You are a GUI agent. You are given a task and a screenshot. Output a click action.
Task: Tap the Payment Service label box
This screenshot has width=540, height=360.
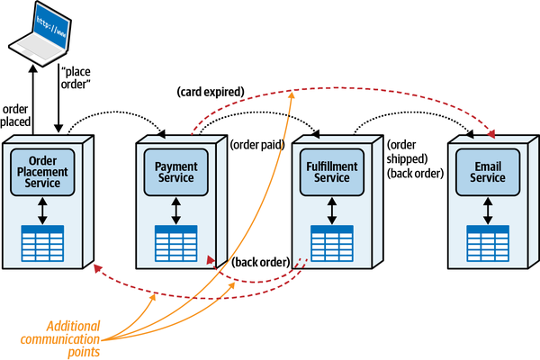pyautogui.click(x=176, y=172)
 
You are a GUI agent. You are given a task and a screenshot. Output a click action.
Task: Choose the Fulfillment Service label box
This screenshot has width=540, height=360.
pyautogui.click(x=332, y=172)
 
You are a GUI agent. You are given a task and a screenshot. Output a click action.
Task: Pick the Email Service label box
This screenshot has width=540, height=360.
pyautogui.click(x=487, y=172)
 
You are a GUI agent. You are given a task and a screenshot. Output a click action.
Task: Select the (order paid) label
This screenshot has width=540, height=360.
pyautogui.click(x=258, y=143)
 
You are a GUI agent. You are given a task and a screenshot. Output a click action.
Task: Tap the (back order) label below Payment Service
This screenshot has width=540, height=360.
pyautogui.click(x=260, y=262)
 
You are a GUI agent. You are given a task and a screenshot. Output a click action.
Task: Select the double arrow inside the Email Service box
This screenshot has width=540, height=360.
pyautogui.click(x=487, y=209)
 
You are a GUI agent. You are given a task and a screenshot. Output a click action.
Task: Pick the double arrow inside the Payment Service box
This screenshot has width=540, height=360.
pyautogui.click(x=176, y=209)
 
